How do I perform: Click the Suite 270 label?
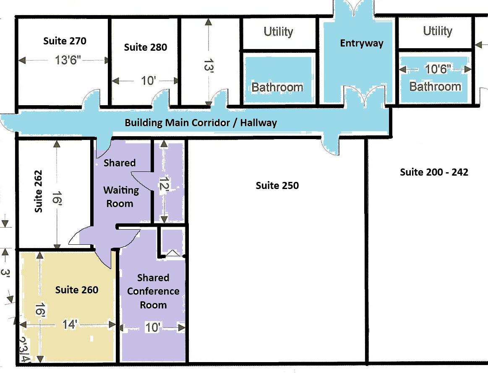(65, 41)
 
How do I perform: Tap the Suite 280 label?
(145, 47)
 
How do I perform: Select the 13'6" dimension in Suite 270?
(68, 60)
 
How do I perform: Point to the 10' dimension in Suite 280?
(149, 80)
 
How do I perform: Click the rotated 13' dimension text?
(209, 65)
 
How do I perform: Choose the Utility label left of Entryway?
(278, 32)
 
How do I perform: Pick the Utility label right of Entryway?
(438, 31)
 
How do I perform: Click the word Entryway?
(362, 43)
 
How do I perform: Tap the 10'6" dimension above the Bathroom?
(438, 69)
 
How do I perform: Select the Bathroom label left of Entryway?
(277, 87)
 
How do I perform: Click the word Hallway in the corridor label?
(258, 123)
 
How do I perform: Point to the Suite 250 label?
(277, 186)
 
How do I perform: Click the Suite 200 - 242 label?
(434, 172)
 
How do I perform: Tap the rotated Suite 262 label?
(38, 191)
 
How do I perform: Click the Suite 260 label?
(76, 290)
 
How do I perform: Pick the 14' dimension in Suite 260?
(70, 324)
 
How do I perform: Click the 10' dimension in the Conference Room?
(153, 327)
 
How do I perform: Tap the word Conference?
(153, 291)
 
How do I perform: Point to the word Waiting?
(121, 190)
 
